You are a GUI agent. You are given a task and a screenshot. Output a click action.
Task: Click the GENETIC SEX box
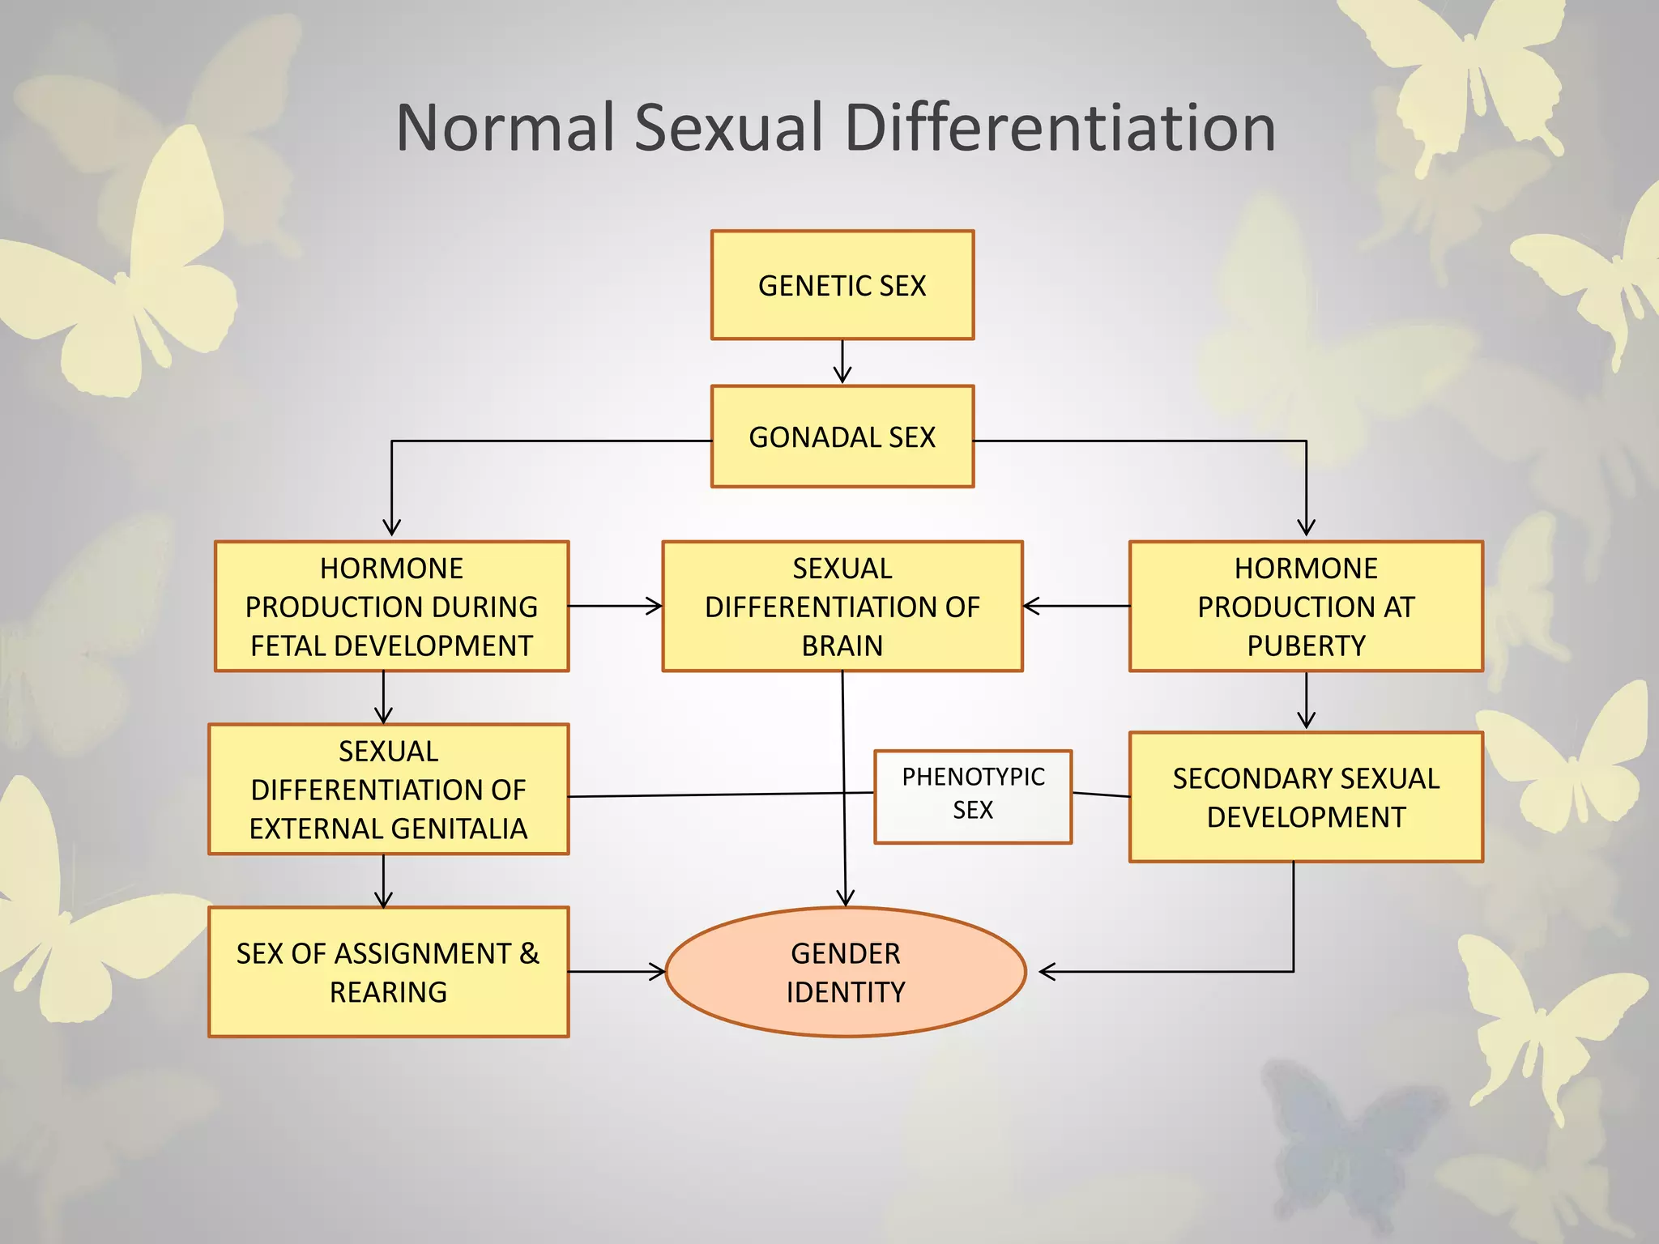click(842, 285)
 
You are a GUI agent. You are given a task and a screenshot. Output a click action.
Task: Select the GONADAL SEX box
click(842, 437)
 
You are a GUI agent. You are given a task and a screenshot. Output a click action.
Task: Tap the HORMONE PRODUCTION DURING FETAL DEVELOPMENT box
click(391, 607)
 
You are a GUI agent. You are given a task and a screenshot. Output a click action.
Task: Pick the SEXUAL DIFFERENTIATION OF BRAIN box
click(842, 607)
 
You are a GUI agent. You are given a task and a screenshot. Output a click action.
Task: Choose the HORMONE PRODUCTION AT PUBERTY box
click(1306, 607)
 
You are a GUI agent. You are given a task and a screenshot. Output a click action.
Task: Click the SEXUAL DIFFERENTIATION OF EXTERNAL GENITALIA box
click(388, 790)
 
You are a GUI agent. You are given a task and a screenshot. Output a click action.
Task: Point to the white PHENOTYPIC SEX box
click(973, 797)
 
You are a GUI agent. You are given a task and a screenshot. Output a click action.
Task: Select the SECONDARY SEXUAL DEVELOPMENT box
click(1306, 797)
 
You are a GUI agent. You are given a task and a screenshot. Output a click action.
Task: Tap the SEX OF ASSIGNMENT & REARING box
click(388, 972)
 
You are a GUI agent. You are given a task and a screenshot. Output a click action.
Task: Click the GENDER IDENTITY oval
click(846, 972)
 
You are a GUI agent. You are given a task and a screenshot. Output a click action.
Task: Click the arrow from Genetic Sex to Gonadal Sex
click(842, 361)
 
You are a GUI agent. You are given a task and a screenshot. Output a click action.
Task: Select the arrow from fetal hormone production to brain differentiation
click(615, 606)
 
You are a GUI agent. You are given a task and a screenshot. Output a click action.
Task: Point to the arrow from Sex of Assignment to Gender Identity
click(616, 971)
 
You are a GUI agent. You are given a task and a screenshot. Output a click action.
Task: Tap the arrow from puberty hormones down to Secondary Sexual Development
click(1306, 701)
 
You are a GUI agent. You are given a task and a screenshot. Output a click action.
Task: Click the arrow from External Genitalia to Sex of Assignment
click(384, 880)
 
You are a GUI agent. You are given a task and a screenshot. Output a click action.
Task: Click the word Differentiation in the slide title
click(1060, 128)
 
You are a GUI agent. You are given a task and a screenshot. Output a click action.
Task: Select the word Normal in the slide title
click(505, 128)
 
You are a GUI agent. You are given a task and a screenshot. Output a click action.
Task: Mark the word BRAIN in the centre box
click(842, 646)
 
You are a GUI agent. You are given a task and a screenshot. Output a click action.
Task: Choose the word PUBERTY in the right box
click(1306, 646)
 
